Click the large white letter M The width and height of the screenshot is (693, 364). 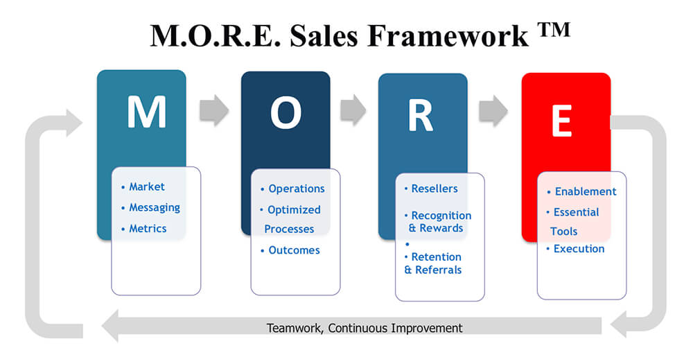pyautogui.click(x=147, y=112)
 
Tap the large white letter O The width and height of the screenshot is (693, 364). pyautogui.click(x=286, y=113)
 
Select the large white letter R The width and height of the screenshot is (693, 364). pyautogui.click(x=421, y=115)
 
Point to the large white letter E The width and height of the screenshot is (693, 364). pyautogui.click(x=562, y=121)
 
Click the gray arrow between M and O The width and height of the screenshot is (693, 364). pyautogui.click(x=214, y=110)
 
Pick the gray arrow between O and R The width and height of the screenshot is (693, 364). pyautogui.click(x=353, y=110)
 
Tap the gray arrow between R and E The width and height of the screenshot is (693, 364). pyautogui.click(x=493, y=110)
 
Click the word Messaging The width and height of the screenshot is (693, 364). pyautogui.click(x=155, y=208)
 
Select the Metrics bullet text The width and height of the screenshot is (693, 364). pyautogui.click(x=148, y=229)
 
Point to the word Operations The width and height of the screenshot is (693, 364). pyautogui.click(x=297, y=189)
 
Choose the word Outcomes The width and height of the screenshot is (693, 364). pyautogui.click(x=294, y=250)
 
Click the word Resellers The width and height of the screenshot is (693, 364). pyautogui.click(x=435, y=189)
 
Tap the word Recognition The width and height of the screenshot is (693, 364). pyautogui.click(x=441, y=216)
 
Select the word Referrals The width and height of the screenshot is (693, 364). pyautogui.click(x=438, y=270)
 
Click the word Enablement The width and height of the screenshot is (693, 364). pyautogui.click(x=585, y=191)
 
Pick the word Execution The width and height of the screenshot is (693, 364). pyautogui.click(x=579, y=249)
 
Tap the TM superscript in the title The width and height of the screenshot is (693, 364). pyautogui.click(x=554, y=30)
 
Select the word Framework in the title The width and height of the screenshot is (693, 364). pyautogui.click(x=448, y=35)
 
